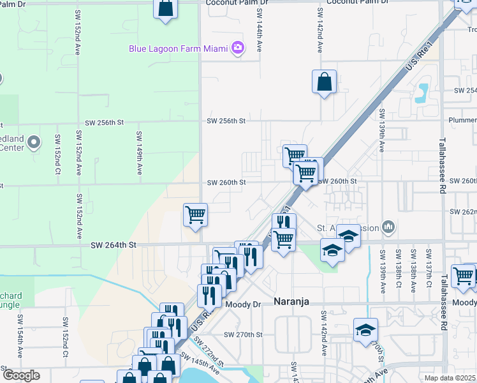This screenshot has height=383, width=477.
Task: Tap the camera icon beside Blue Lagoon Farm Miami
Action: [x=238, y=47]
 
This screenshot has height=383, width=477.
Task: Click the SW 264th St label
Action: [x=114, y=244]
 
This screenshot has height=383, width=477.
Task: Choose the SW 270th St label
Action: [x=243, y=334]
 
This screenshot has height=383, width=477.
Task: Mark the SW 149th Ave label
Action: [x=138, y=153]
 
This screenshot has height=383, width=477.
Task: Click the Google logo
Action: [x=21, y=375]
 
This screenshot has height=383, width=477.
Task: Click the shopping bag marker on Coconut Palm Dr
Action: [x=165, y=8]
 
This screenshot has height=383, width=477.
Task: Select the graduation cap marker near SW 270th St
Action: [x=365, y=330]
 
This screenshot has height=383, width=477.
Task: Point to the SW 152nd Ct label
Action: [x=57, y=153]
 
